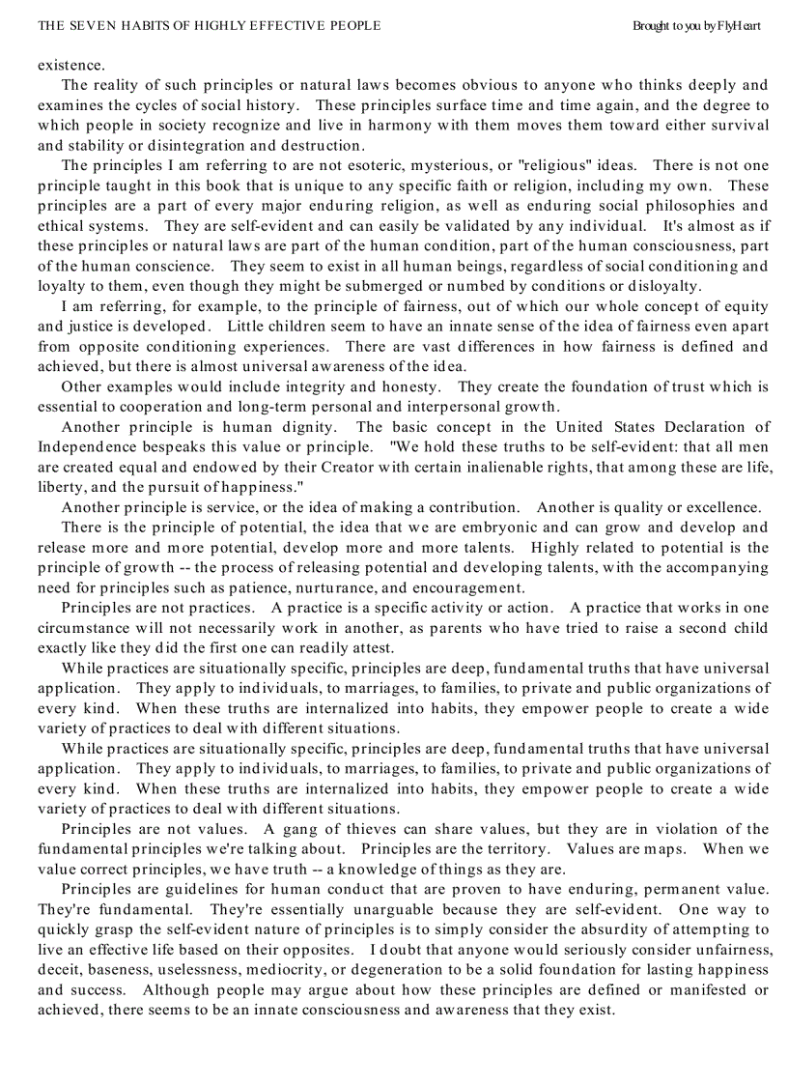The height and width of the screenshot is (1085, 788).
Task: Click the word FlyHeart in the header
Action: coord(739,26)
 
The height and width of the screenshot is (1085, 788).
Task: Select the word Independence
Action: coord(82,446)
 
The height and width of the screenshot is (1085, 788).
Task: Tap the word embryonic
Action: coord(500,528)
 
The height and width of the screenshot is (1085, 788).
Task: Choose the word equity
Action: coord(748,306)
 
